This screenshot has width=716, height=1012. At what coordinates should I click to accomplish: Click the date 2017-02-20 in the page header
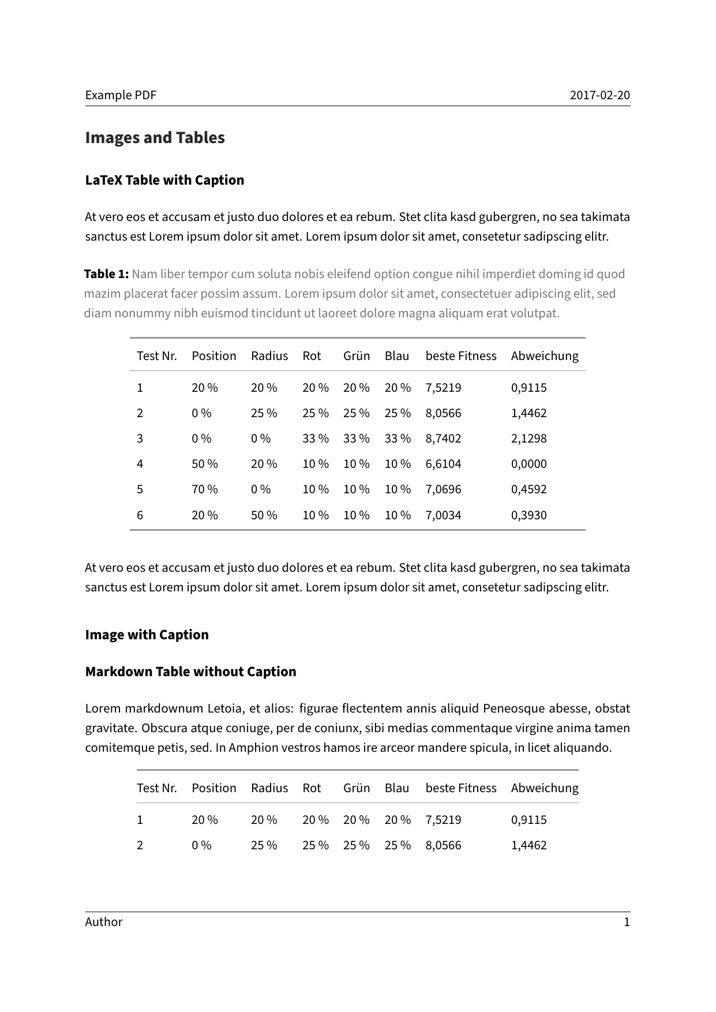pyautogui.click(x=599, y=95)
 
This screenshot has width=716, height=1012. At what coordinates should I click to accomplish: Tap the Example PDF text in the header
pyautogui.click(x=121, y=95)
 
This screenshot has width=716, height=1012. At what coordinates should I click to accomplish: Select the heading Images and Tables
pyautogui.click(x=155, y=138)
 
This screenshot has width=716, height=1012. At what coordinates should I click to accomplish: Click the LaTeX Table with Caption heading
pyautogui.click(x=164, y=180)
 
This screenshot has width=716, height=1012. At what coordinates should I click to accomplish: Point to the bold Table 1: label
pyautogui.click(x=106, y=274)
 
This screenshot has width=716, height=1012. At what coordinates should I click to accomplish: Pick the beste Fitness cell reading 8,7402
pyautogui.click(x=443, y=438)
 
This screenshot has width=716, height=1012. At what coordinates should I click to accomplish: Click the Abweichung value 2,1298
pyautogui.click(x=528, y=438)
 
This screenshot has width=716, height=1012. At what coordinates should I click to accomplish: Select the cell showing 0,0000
pyautogui.click(x=528, y=464)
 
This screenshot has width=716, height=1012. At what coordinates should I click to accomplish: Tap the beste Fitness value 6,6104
pyautogui.click(x=443, y=464)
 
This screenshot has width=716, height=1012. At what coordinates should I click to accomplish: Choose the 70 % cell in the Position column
pyautogui.click(x=204, y=489)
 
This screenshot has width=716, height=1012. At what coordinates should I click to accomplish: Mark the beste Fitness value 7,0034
pyautogui.click(x=443, y=515)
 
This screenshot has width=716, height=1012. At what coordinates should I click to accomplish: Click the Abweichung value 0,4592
pyautogui.click(x=528, y=489)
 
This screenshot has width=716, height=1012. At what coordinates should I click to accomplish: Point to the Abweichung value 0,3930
pyautogui.click(x=528, y=515)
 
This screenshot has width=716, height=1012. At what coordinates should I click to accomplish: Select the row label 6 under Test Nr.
pyautogui.click(x=140, y=515)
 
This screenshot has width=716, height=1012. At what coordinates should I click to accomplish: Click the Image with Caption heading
pyautogui.click(x=147, y=635)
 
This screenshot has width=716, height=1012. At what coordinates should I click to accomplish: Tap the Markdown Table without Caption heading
pyautogui.click(x=190, y=672)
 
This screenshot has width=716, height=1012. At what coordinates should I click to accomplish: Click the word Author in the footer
pyautogui.click(x=104, y=922)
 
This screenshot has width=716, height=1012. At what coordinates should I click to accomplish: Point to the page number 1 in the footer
pyautogui.click(x=627, y=922)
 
